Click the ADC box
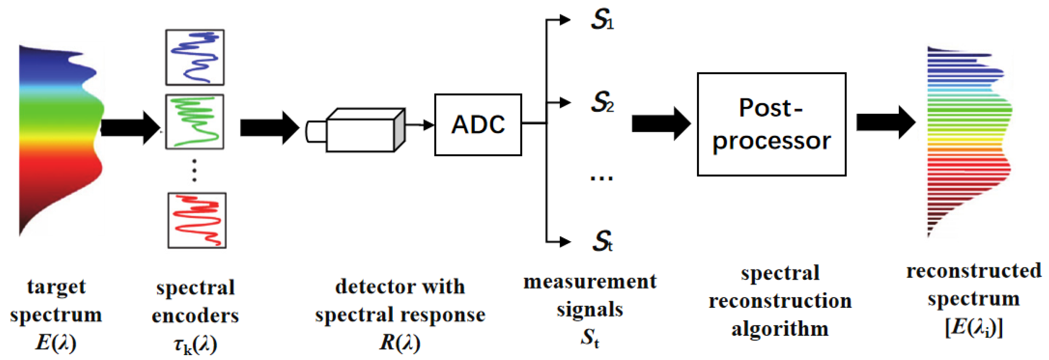coord(478,124)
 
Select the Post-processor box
coord(771,124)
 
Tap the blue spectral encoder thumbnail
coord(195,57)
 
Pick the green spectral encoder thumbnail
coord(195,122)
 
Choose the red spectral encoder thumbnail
coord(197,220)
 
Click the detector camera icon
coord(358,130)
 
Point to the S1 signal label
coord(602,20)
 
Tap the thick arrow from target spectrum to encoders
coord(129,127)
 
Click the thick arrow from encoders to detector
coord(269,127)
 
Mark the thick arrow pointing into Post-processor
coord(660,123)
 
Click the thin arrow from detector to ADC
coord(420,124)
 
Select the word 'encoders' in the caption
coord(195,316)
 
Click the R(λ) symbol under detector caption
coord(400,342)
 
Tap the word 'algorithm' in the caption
coord(779,329)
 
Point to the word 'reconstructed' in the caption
coord(973,271)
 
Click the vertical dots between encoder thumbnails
coord(194,170)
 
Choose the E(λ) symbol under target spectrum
coord(56,342)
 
